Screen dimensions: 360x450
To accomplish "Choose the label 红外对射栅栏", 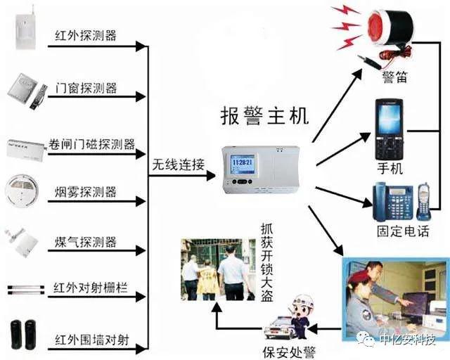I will click(91, 290).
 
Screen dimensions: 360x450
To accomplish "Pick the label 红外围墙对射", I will click(91, 340).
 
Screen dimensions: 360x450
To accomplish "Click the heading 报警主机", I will click(264, 115).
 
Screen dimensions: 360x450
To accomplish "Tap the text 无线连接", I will click(179, 166).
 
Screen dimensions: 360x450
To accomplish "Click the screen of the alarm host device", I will click(242, 166).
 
